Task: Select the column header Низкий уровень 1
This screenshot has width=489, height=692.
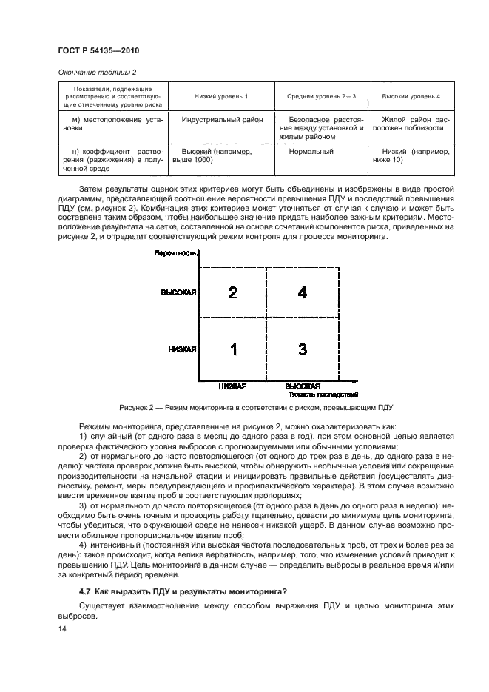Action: (x=220, y=97)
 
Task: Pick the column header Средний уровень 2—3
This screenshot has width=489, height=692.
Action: (x=321, y=97)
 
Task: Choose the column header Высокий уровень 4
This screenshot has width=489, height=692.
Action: (x=411, y=97)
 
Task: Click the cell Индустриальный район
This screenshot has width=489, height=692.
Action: (x=220, y=118)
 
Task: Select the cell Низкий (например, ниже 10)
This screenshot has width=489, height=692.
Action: (x=411, y=155)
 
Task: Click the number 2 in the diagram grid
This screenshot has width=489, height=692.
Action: (x=232, y=292)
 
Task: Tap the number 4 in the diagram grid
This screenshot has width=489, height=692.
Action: (x=302, y=292)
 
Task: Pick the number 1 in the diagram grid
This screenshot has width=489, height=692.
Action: (x=233, y=349)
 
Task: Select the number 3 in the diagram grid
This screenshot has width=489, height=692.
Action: (x=302, y=349)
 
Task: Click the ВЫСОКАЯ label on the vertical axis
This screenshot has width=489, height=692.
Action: (x=178, y=292)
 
